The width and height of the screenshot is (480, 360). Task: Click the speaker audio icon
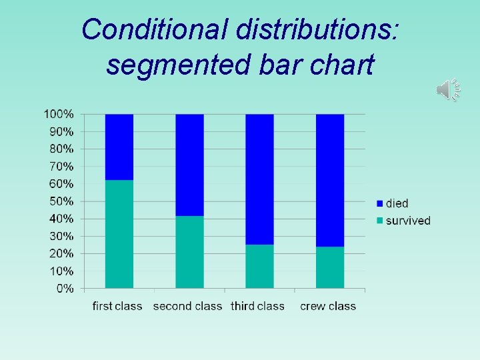448,89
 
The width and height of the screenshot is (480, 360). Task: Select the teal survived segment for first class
119,234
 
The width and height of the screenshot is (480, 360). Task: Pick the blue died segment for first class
119,147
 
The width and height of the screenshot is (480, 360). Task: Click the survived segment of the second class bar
189,252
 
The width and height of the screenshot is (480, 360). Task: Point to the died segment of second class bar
189,165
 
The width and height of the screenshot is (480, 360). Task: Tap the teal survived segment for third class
259,267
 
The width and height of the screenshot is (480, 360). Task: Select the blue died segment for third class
259,179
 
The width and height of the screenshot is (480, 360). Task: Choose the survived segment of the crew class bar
330,267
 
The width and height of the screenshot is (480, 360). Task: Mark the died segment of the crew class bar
330,180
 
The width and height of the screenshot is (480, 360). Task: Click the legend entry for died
393,203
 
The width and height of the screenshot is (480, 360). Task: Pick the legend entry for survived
403,221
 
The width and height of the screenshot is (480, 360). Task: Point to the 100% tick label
59,114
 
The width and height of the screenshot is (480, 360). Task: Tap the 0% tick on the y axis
65,289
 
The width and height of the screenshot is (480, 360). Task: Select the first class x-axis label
117,307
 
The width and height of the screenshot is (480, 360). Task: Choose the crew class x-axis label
328,307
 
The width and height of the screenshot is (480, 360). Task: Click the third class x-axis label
257,307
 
